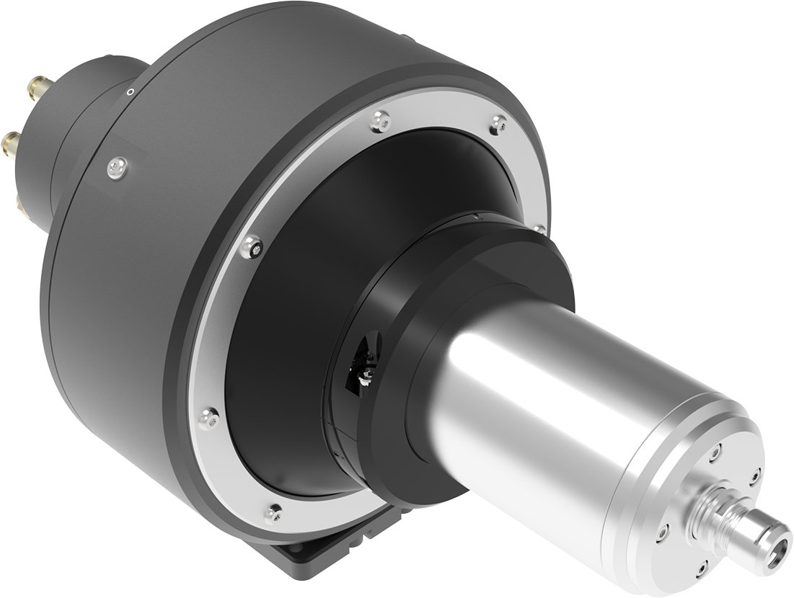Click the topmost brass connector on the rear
[x=35, y=89]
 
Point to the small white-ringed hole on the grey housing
[x=130, y=92]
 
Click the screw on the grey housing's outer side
[x=117, y=167]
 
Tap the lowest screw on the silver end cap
[x=699, y=569]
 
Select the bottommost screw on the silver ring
[x=273, y=512]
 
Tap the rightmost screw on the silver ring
[x=539, y=229]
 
